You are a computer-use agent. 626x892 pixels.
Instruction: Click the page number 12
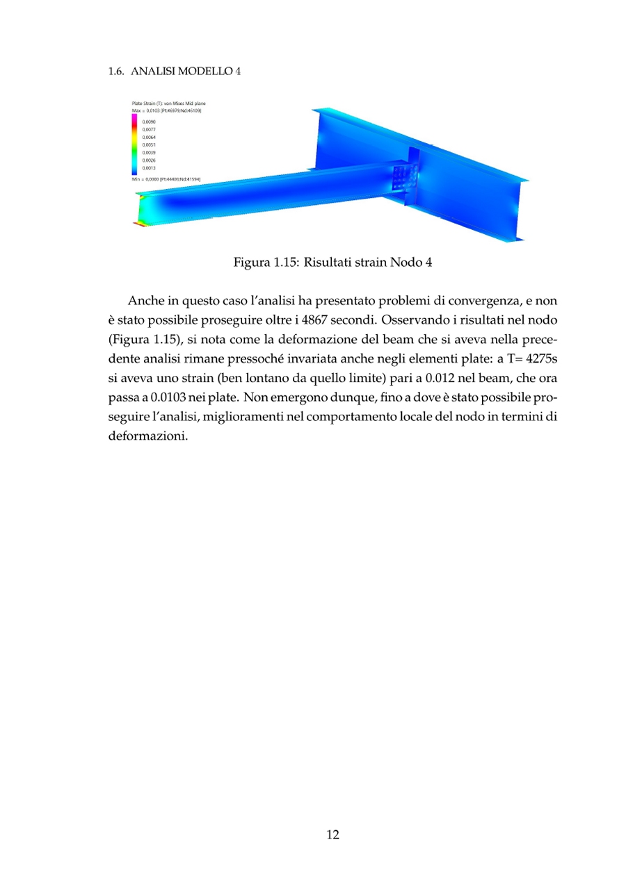pyautogui.click(x=332, y=835)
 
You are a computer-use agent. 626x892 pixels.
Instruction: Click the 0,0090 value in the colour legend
pyautogui.click(x=149, y=122)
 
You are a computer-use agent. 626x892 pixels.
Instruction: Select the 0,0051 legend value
pyautogui.click(x=149, y=144)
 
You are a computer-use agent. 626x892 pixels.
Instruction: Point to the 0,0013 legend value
pyautogui.click(x=149, y=167)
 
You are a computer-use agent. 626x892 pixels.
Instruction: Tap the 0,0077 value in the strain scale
pyautogui.click(x=149, y=129)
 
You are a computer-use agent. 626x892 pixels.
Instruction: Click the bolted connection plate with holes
pyautogui.click(x=403, y=179)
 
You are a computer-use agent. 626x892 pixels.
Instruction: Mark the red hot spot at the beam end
pyautogui.click(x=139, y=224)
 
